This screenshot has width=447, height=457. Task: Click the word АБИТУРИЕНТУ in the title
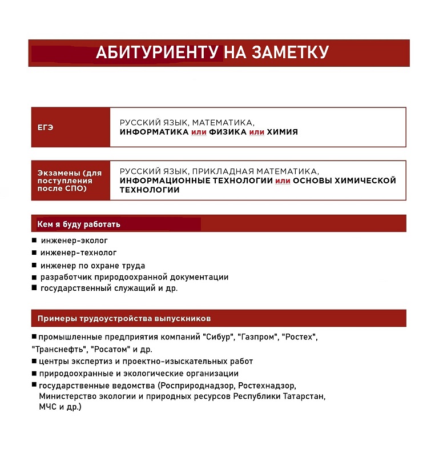(156, 53)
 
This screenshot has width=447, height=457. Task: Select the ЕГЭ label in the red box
(45, 127)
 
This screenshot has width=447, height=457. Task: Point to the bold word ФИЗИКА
(228, 132)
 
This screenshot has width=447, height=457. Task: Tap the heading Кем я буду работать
(79, 225)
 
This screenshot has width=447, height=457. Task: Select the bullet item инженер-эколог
(74, 240)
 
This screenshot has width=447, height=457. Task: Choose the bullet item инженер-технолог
(78, 252)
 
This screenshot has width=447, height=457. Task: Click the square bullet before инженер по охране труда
(34, 265)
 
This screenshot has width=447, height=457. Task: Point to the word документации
(203, 277)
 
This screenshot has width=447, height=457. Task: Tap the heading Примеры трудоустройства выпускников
(124, 318)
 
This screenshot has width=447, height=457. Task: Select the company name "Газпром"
(257, 337)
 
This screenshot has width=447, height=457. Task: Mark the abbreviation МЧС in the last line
(48, 407)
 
